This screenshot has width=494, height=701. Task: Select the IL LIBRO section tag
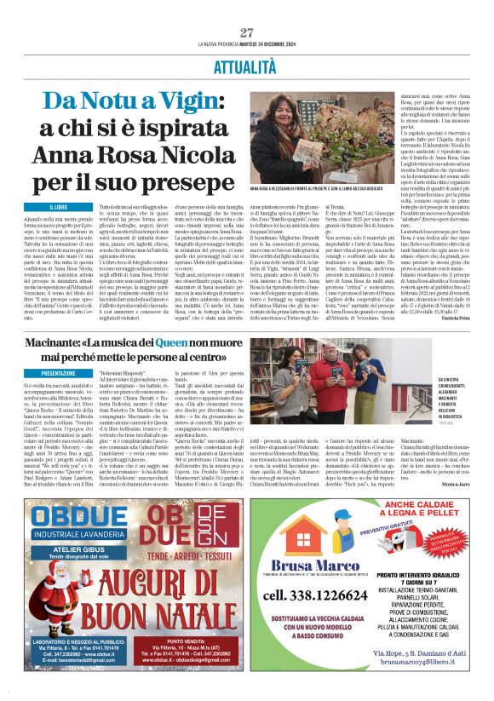pos(59,206)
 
